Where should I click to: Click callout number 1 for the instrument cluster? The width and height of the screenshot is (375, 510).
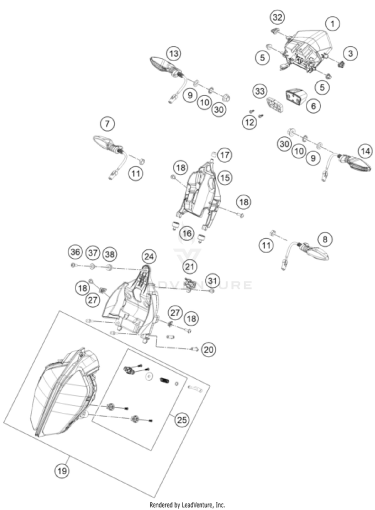click(x=332, y=23)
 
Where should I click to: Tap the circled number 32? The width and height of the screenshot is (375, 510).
click(x=277, y=18)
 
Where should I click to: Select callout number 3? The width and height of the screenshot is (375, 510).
click(x=350, y=53)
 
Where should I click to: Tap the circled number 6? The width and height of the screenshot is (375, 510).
click(x=313, y=106)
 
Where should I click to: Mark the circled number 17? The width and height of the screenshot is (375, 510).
click(x=224, y=155)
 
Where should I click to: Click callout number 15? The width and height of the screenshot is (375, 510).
click(x=224, y=176)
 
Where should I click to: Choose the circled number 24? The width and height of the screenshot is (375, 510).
click(x=148, y=257)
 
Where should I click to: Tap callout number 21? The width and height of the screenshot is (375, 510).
click(x=189, y=267)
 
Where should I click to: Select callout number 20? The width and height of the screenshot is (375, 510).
click(x=209, y=350)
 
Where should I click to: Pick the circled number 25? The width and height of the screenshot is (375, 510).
click(x=181, y=420)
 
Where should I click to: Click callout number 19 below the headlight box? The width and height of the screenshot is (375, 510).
click(x=62, y=470)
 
